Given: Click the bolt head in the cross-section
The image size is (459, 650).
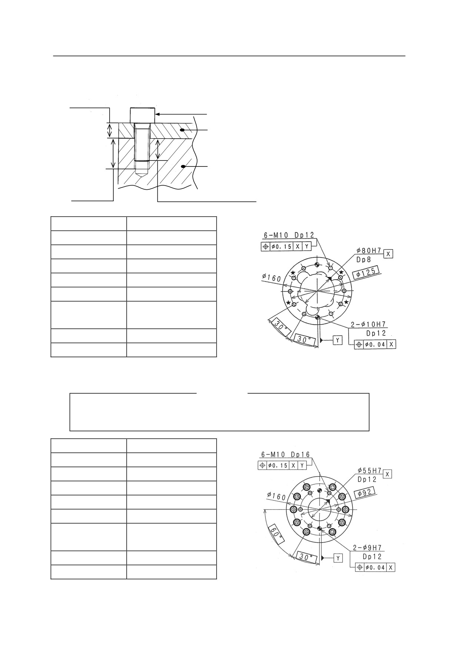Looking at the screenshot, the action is coord(142,115).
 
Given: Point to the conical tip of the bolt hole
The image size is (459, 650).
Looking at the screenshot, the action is coord(142,173).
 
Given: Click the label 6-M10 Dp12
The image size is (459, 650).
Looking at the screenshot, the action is coord(289,235).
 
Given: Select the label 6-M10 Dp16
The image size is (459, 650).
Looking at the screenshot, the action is coord(285,455).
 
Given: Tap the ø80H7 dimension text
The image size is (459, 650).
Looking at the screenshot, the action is coord(369,251).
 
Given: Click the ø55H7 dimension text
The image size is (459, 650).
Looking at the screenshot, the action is coord(369,471).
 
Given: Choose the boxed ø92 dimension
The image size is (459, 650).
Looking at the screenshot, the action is coord(365,493).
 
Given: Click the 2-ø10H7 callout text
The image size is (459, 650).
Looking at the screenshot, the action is coord(369,325).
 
